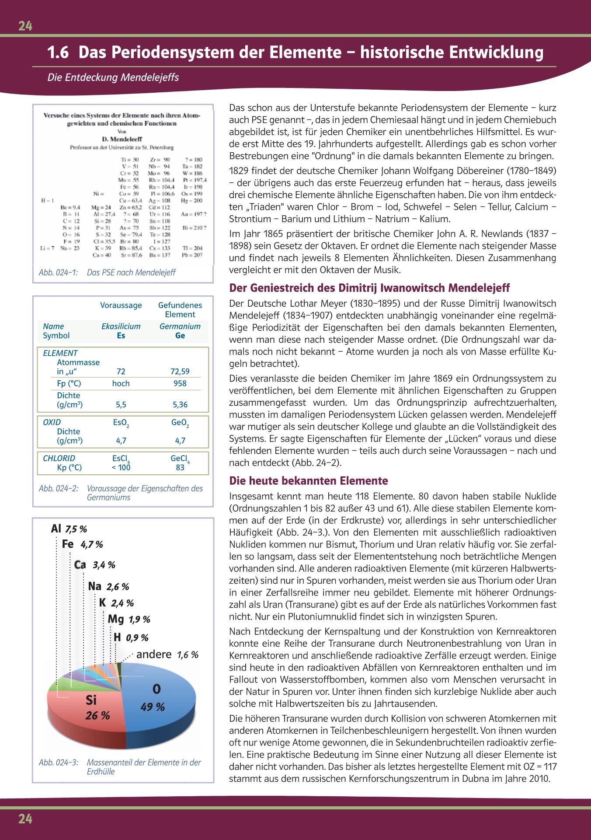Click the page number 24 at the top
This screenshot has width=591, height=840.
[25, 26]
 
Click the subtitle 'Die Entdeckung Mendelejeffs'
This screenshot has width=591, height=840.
[113, 77]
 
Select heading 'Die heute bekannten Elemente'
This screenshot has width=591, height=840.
[309, 481]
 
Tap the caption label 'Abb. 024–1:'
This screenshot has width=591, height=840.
[58, 273]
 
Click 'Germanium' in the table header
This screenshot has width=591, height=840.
[180, 326]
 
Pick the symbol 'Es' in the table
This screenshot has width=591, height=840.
[121, 336]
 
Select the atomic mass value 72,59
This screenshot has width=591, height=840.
[180, 371]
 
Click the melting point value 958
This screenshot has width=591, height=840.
[180, 383]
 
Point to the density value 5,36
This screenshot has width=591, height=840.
[180, 405]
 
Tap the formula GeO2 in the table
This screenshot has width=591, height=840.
[180, 423]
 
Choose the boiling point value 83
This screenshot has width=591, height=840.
[180, 467]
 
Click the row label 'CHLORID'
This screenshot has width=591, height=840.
[59, 458]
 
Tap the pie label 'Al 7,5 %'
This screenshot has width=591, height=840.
[69, 529]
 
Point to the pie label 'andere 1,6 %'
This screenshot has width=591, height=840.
[167, 654]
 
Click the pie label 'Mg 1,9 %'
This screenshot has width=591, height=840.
[129, 619]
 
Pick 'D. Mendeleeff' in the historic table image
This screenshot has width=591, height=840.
[122, 139]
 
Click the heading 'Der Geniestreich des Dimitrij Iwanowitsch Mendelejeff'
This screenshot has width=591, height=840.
[369, 288]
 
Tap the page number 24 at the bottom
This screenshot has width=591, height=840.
[25, 819]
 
